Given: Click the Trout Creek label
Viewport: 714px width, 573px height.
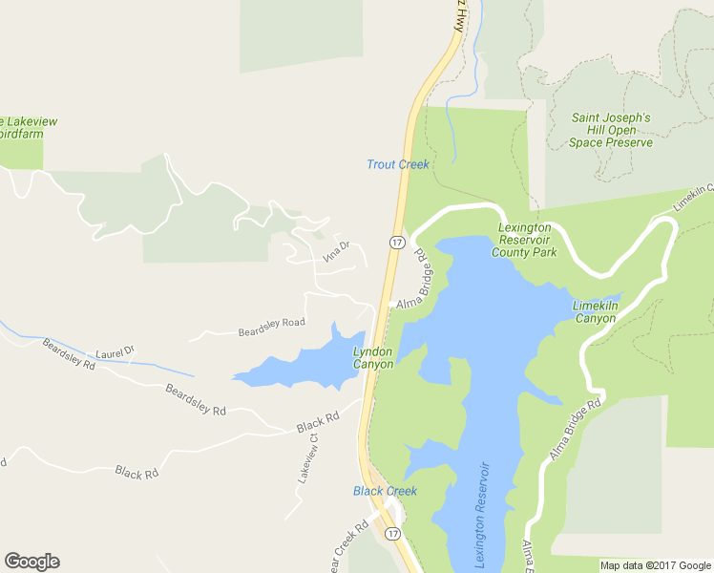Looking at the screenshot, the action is pos(398,165).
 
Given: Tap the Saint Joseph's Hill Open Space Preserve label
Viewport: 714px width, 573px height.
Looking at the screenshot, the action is pos(611,130).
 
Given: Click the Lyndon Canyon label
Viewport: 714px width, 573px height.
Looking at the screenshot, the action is pos(373,357).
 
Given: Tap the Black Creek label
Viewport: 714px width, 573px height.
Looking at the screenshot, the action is pos(385,491).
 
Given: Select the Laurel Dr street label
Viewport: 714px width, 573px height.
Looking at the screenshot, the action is pos(115,353).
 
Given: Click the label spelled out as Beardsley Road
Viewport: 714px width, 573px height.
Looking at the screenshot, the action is pos(271,328).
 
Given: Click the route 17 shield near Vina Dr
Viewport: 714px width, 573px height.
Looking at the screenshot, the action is pos(395,242).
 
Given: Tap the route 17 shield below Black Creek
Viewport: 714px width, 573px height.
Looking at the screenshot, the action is pos(392,533).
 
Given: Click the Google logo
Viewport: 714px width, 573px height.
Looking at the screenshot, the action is pos(31,562).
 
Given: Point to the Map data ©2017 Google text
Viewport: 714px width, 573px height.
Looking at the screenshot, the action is pos(655,565).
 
